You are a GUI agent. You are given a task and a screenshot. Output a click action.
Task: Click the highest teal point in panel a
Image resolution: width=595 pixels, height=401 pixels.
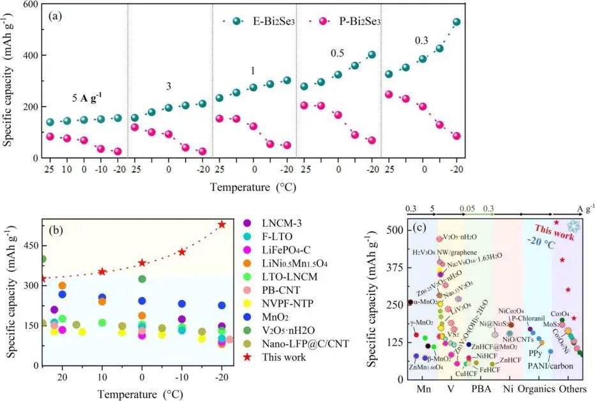456,22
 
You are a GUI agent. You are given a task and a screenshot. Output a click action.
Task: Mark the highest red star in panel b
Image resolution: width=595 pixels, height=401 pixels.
222,224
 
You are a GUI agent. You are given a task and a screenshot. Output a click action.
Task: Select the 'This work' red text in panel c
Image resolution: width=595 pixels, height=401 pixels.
548,231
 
